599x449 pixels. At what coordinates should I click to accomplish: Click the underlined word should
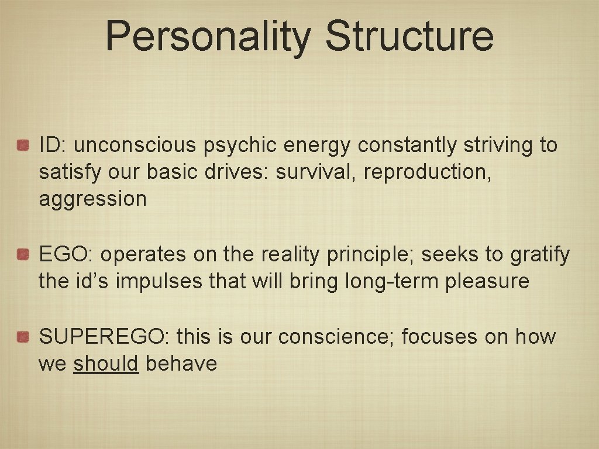[x=106, y=364]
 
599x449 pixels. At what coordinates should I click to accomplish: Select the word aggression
[x=92, y=199]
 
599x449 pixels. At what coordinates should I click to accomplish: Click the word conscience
[x=336, y=337]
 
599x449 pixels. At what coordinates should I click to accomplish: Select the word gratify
[x=539, y=254]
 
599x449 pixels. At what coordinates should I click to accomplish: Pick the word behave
[x=181, y=364]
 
